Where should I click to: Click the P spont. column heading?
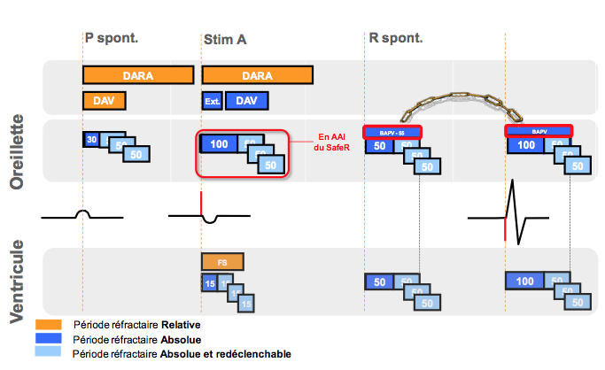click(112, 38)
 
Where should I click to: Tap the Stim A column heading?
click(224, 39)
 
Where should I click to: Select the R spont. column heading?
click(396, 38)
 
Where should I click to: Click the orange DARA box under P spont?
click(137, 75)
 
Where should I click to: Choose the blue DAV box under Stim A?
click(246, 101)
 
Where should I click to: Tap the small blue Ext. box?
click(212, 101)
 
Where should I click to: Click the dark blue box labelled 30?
click(91, 139)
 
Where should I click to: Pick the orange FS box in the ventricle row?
click(221, 263)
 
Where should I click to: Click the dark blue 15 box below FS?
click(209, 283)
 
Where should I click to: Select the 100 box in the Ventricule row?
click(524, 281)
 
